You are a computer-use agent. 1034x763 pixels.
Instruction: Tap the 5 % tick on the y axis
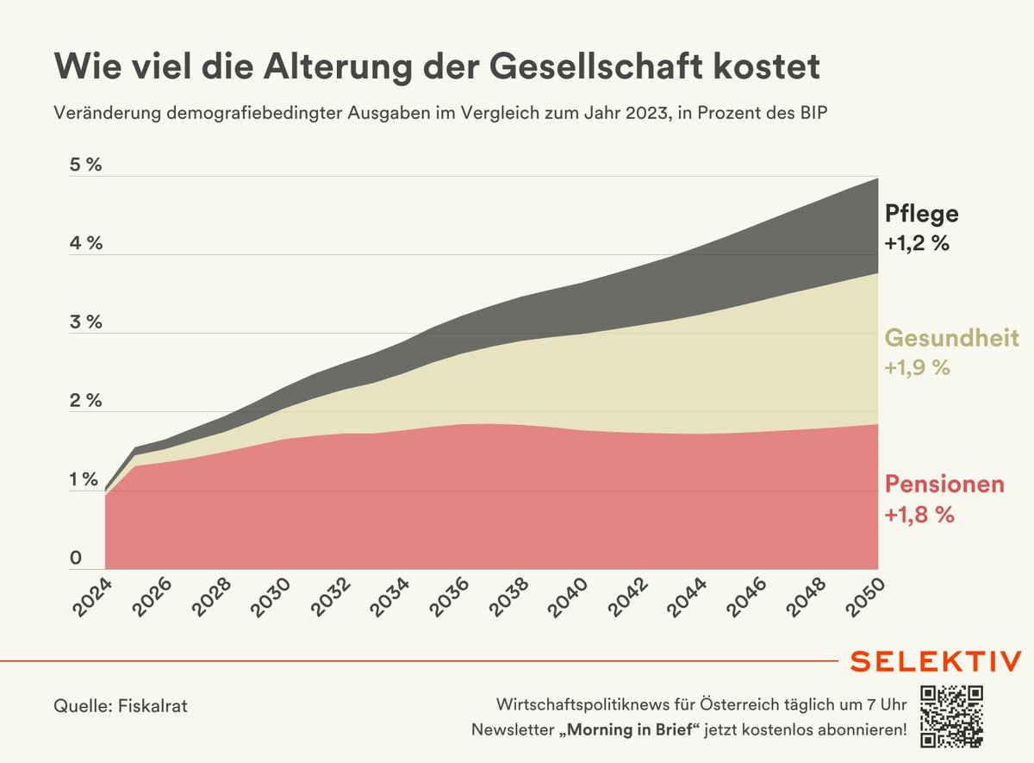(85, 165)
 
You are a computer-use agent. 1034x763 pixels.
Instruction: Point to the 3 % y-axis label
(85, 322)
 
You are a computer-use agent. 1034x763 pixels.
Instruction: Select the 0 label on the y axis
(76, 559)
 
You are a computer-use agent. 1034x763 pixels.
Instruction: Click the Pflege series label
(921, 214)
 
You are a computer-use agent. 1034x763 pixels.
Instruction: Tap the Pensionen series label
(944, 485)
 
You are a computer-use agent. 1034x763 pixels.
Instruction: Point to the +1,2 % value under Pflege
(917, 244)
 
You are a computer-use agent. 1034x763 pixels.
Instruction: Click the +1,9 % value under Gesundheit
(917, 367)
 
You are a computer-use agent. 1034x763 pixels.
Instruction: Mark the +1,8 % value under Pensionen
(919, 515)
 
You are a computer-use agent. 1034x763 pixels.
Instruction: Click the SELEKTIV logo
(936, 661)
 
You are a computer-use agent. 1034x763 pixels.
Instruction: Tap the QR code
(952, 715)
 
